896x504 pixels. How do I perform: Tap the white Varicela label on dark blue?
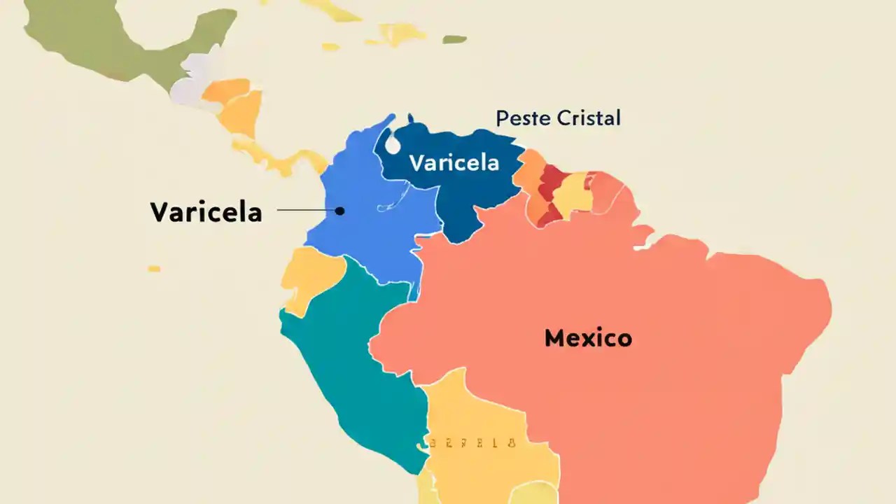pos(454,163)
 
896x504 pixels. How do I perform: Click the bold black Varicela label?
pos(206,212)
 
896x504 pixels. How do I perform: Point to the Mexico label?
pos(588,339)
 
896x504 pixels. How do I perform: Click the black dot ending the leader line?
pos(339,210)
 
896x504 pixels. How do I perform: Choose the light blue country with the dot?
pos(371,224)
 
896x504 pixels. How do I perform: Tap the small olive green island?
pos(454,39)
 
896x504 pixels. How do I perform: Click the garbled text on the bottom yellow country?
pos(472,442)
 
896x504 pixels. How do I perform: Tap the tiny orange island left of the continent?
pos(154,269)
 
